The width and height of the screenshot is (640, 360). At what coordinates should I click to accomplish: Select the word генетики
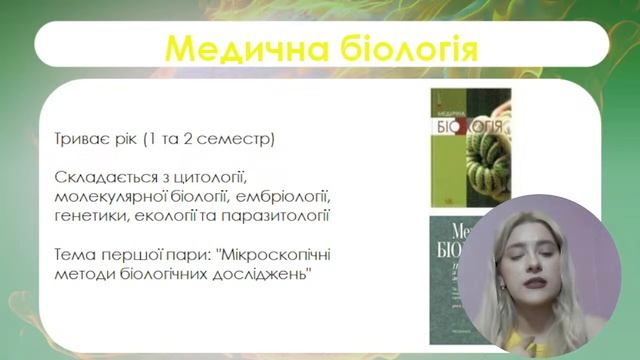(93, 215)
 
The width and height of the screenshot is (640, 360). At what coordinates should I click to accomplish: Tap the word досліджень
(266, 273)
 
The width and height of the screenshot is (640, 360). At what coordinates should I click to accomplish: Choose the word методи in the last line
(87, 273)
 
